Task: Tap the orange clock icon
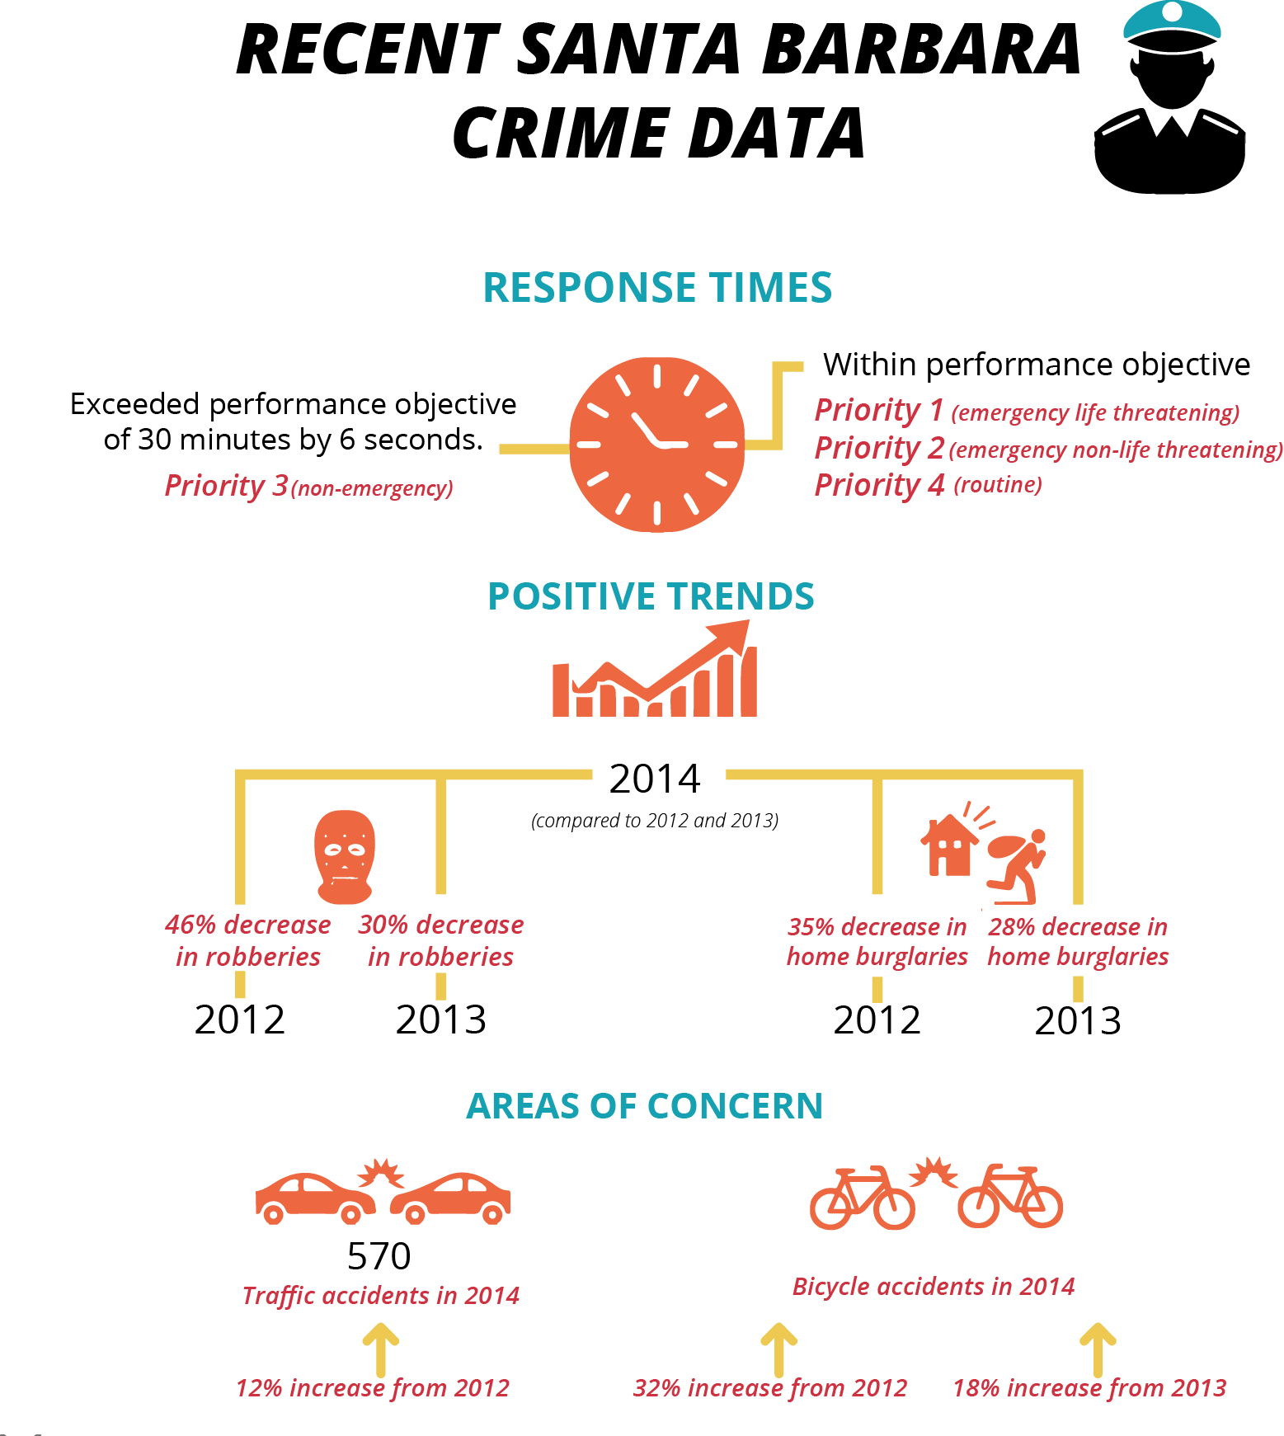[x=657, y=445]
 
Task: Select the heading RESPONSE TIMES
[x=657, y=288]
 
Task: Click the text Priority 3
[x=226, y=486]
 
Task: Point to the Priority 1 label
[x=879, y=410]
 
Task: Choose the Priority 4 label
[x=880, y=485]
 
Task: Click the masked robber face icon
[x=345, y=856]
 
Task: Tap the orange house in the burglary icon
[x=949, y=845]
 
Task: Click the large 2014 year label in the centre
[x=655, y=779]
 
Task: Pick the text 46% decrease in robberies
[x=248, y=940]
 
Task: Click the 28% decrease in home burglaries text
[x=1078, y=941]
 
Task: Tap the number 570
[x=379, y=1256]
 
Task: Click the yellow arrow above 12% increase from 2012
[x=381, y=1349]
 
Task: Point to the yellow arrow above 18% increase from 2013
[x=1098, y=1349]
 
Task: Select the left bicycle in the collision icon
[x=863, y=1198]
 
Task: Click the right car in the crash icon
[x=450, y=1198]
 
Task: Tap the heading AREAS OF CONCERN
[x=645, y=1106]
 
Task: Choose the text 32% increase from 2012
[x=770, y=1388]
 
